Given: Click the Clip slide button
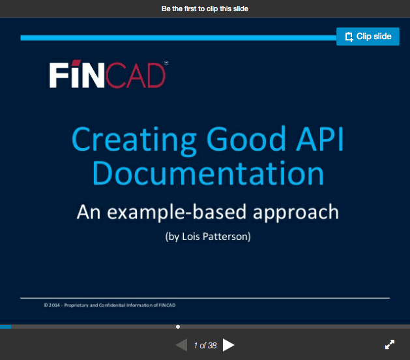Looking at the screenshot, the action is [x=368, y=37].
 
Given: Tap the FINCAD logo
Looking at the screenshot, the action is [x=108, y=74].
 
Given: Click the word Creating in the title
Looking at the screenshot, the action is [x=134, y=140].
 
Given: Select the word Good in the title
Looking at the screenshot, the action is [x=246, y=139].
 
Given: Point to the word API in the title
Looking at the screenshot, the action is [x=320, y=139].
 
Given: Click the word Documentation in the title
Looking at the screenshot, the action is [x=208, y=173].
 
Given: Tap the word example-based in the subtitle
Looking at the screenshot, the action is [x=177, y=213].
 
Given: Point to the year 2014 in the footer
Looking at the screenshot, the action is [x=54, y=305].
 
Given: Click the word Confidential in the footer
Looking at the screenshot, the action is [x=112, y=305].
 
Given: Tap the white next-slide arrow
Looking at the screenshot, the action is [x=228, y=345].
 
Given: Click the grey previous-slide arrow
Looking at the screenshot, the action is [x=181, y=345].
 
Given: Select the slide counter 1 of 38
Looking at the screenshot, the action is [x=205, y=346].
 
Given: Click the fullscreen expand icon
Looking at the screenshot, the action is [x=390, y=344].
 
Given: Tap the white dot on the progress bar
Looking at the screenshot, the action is [x=178, y=327].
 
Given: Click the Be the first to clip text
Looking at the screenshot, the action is [x=205, y=8].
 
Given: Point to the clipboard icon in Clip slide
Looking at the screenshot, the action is [x=349, y=37].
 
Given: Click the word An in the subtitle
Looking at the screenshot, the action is [x=89, y=212].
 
